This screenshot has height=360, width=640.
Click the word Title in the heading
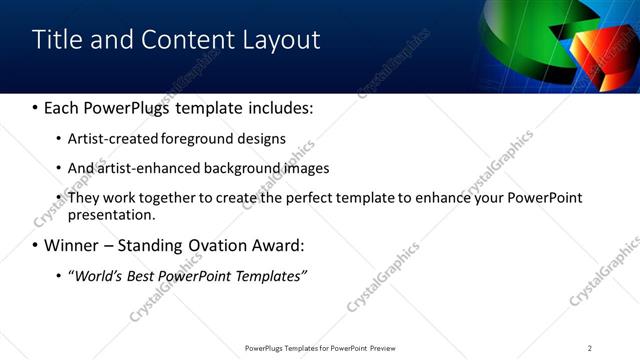click(56, 40)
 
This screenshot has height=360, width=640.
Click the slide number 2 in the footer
click(590, 347)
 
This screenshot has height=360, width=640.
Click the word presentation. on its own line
click(111, 215)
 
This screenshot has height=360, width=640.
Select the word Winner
click(69, 245)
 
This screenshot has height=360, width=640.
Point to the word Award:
click(279, 245)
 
